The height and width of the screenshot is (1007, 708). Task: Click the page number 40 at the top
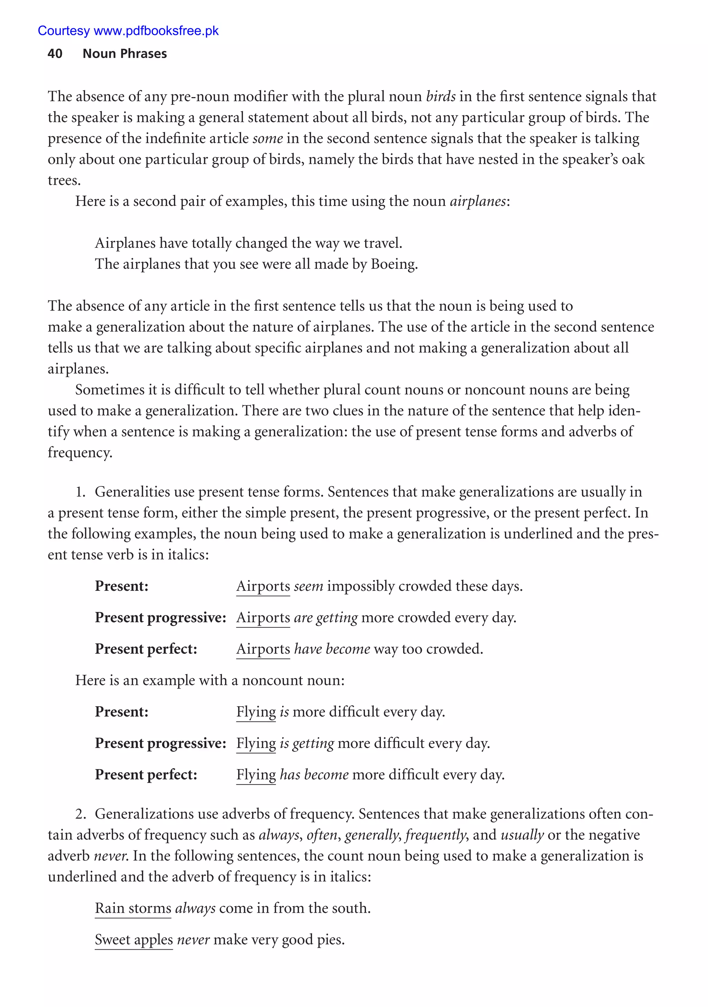pyautogui.click(x=55, y=54)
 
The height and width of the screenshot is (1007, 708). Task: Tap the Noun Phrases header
pyautogui.click(x=124, y=54)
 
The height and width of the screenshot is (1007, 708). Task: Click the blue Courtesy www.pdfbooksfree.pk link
pyautogui.click(x=128, y=31)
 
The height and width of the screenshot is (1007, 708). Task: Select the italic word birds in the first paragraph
pyautogui.click(x=440, y=96)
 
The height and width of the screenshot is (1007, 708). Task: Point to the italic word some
pyautogui.click(x=268, y=139)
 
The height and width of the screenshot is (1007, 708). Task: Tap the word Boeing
pyautogui.click(x=393, y=264)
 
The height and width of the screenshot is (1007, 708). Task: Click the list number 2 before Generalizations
pyautogui.click(x=80, y=814)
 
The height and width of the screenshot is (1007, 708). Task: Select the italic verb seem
pyautogui.click(x=308, y=586)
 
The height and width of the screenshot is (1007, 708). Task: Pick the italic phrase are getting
pyautogui.click(x=326, y=618)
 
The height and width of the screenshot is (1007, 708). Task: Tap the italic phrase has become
pyautogui.click(x=314, y=775)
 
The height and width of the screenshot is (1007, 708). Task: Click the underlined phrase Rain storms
pyautogui.click(x=133, y=908)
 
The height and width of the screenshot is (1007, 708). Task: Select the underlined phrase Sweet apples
pyautogui.click(x=134, y=940)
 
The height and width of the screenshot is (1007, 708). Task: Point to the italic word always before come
pyautogui.click(x=195, y=908)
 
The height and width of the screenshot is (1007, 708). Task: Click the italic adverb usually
pyautogui.click(x=522, y=835)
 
